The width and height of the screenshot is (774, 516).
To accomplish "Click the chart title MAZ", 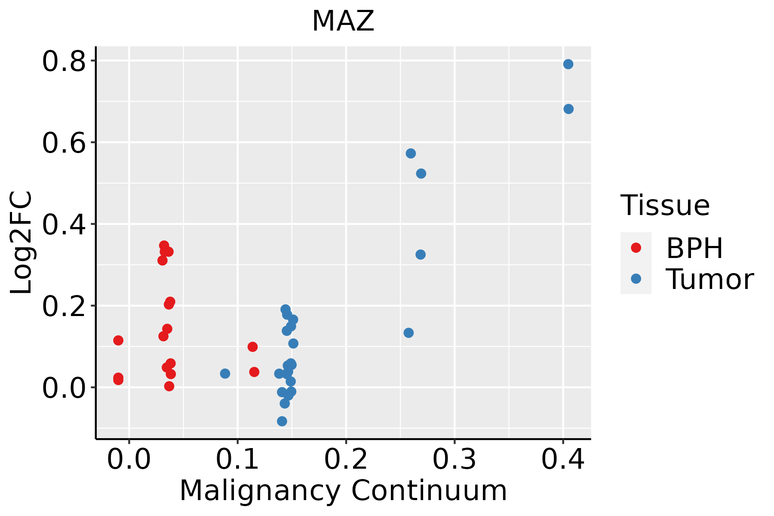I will click(343, 21).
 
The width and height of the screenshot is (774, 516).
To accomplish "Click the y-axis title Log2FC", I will click(21, 243).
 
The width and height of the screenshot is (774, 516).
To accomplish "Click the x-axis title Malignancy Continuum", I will click(343, 491).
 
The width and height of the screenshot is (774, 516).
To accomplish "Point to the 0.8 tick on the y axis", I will click(63, 61).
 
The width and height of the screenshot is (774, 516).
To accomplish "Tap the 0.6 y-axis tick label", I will click(63, 143).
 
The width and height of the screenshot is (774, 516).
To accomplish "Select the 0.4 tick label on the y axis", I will click(63, 225).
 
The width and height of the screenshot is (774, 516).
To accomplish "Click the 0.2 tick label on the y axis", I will click(63, 307).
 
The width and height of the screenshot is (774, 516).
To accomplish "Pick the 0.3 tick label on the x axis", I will click(454, 459).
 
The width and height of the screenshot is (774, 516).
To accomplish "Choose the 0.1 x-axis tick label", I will click(237, 459).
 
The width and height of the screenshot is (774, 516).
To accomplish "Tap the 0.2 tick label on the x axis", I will click(346, 459).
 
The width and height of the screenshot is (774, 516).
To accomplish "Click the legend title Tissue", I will click(665, 206).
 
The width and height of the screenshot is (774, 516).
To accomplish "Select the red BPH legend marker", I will click(636, 248).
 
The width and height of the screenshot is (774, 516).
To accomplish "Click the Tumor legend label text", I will click(709, 279).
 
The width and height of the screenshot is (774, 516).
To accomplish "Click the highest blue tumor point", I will click(568, 64).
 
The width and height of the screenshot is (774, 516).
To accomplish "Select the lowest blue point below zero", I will click(282, 421).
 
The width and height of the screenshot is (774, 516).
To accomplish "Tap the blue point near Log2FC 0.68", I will click(568, 109).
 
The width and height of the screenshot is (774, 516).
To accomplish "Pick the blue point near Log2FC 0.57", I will click(411, 154).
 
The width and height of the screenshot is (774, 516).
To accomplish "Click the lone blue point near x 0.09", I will click(225, 373).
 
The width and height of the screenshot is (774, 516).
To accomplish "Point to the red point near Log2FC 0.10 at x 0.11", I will click(252, 347).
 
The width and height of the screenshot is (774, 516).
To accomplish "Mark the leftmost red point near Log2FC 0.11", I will click(118, 340).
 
